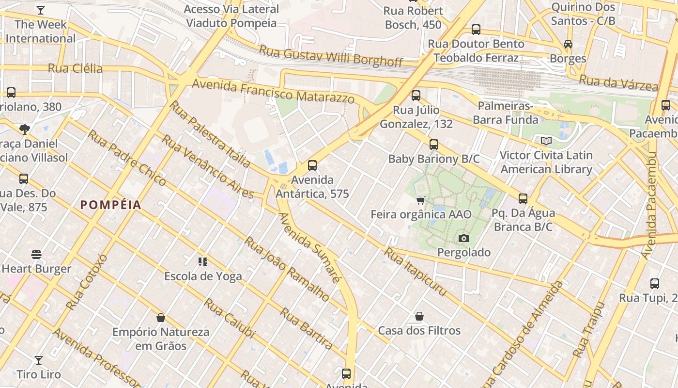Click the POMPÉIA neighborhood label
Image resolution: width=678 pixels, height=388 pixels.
click(111, 205)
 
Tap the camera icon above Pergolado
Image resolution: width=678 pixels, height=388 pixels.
click(463, 238)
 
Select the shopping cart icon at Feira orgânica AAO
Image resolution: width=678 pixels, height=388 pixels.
click(421, 200)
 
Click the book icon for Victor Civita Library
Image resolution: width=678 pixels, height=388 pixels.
click(546, 141)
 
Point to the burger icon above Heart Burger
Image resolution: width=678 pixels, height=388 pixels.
click(36, 255)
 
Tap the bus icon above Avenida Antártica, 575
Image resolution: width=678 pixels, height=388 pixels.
click(312, 165)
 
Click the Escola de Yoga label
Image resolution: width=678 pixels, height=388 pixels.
click(203, 276)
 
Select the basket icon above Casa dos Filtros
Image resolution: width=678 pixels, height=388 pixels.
click(419, 317)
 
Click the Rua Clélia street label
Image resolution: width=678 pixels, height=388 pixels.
click(76, 68)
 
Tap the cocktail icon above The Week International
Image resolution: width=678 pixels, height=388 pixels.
click(41, 10)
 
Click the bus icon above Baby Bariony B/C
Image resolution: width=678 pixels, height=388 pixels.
click(434, 145)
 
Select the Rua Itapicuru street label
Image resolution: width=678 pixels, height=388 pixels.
click(415, 272)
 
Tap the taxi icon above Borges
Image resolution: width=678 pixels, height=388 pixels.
click(568, 44)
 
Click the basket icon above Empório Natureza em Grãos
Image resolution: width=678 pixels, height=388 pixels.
click(161, 318)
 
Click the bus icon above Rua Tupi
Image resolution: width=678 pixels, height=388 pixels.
click(654, 284)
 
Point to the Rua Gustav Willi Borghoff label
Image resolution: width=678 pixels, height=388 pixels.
click(331, 55)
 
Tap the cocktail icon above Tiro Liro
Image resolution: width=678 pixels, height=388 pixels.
click(39, 360)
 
